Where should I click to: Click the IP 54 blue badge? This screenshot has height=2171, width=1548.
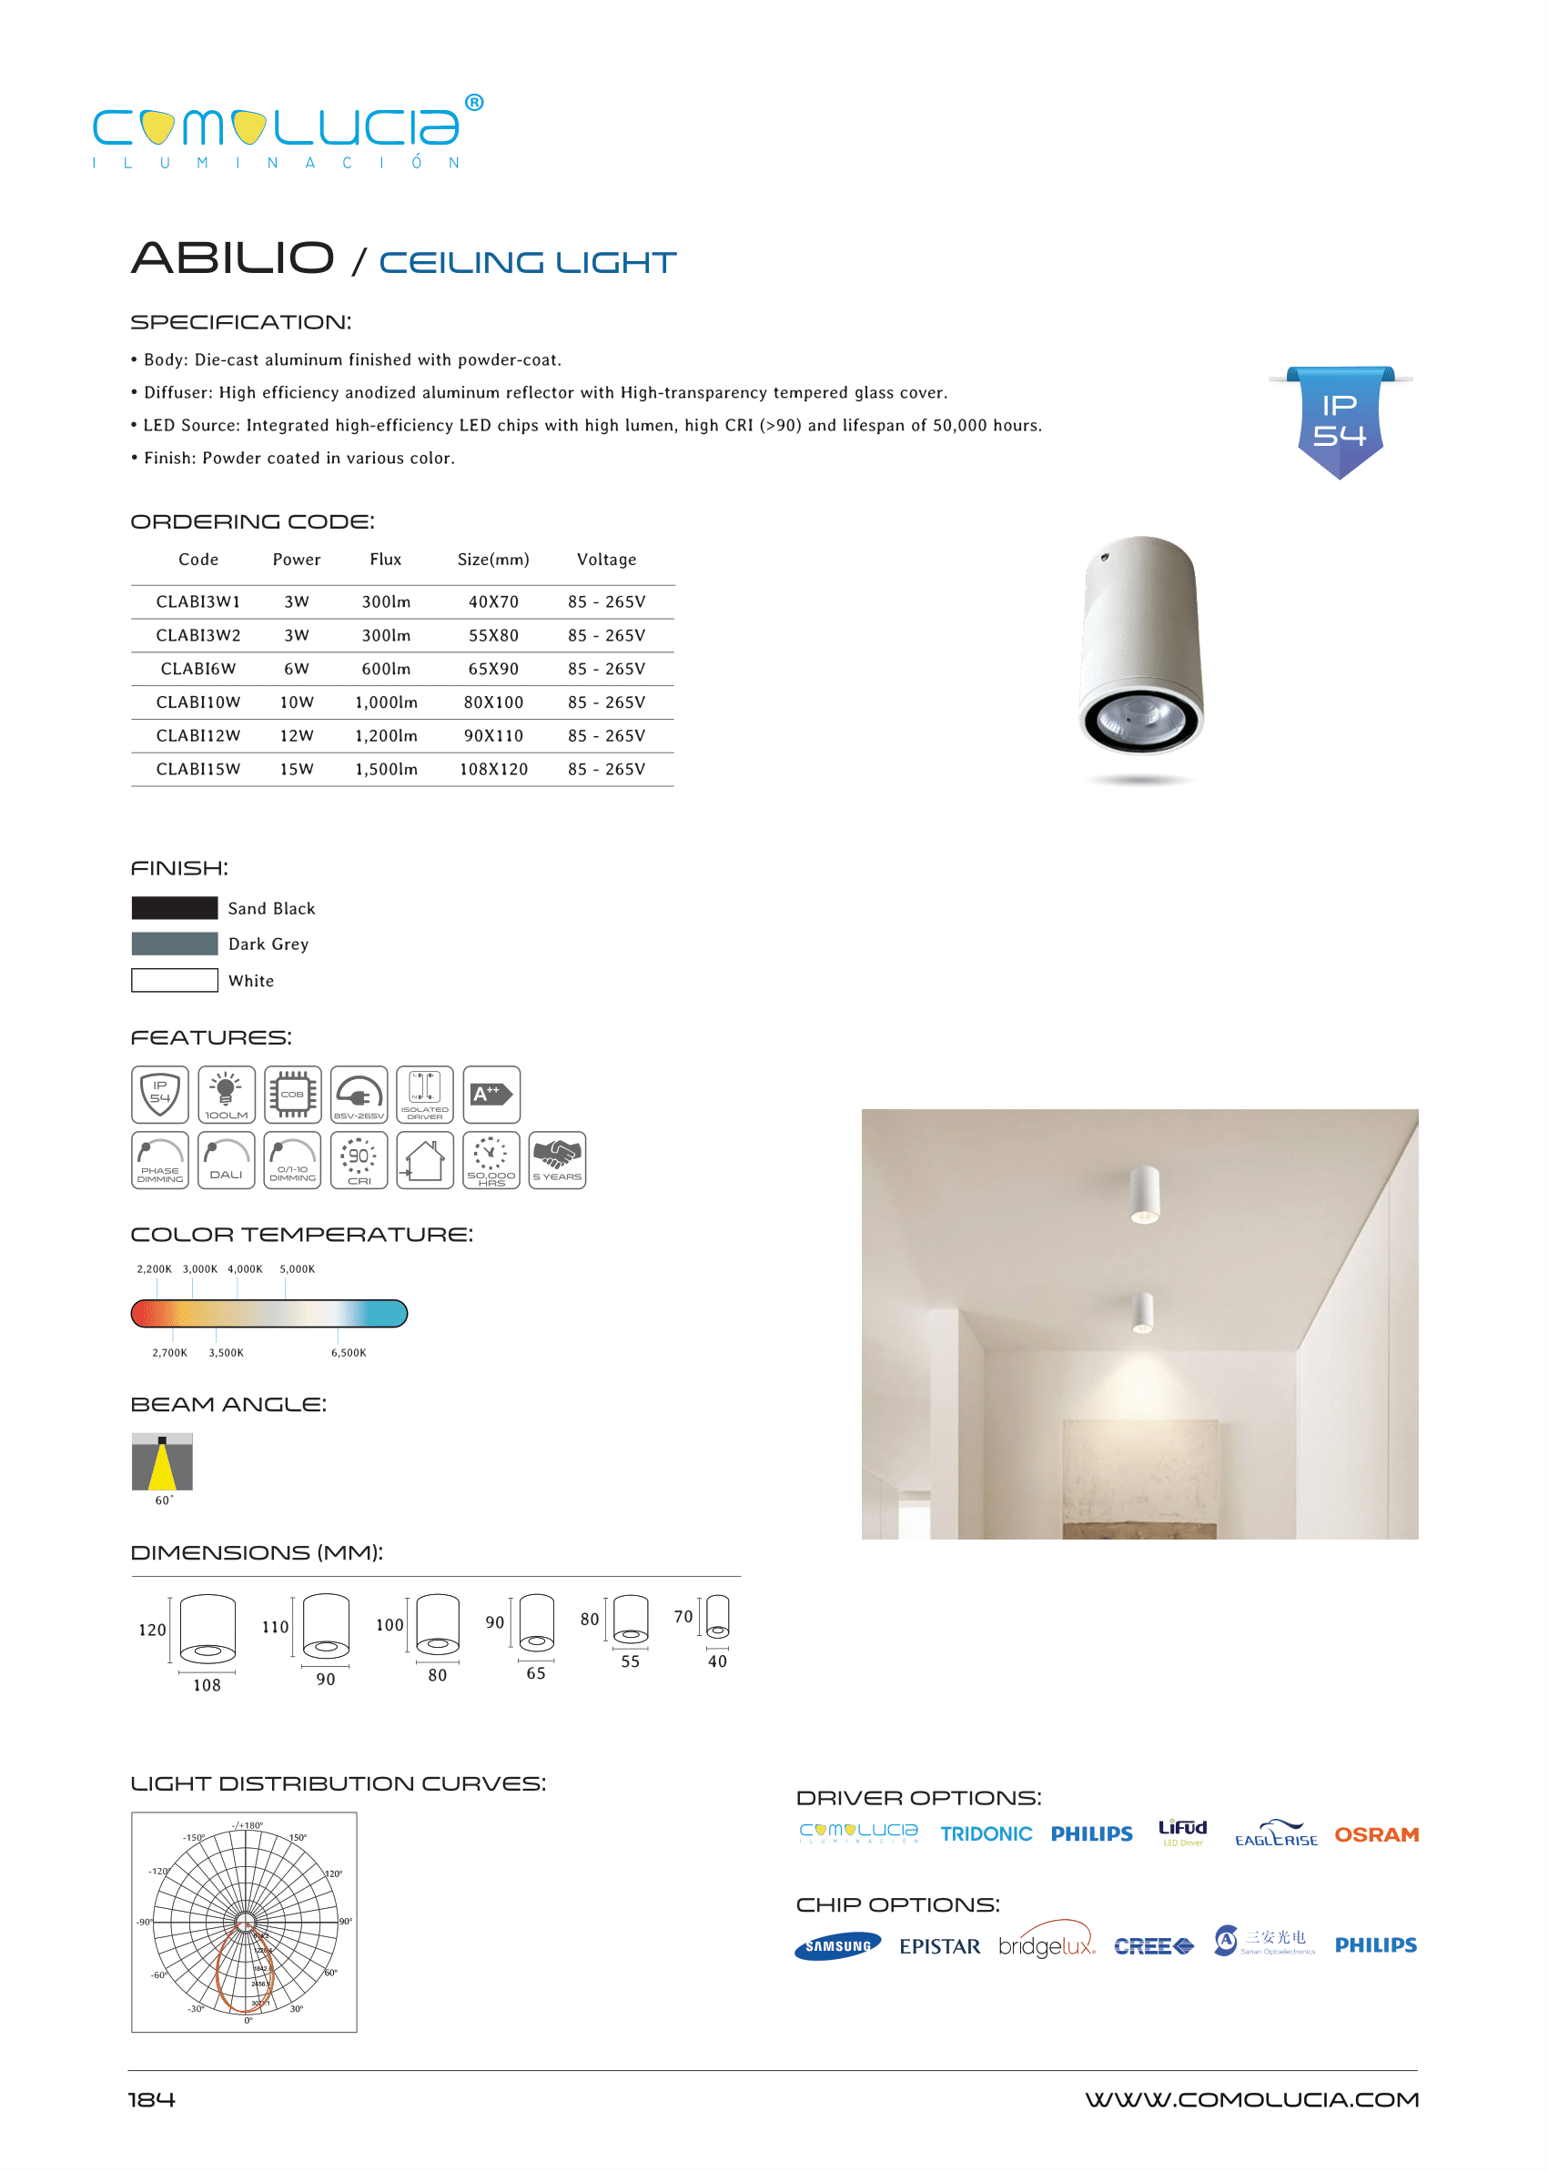pos(1340,420)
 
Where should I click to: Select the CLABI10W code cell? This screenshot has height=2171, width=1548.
pos(198,702)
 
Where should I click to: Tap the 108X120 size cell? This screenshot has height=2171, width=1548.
pos(493,769)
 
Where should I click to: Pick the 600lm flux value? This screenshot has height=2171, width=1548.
pos(386,669)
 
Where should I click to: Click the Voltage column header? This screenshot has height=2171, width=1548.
pos(606,560)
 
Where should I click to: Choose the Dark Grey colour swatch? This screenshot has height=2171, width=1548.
pos(175,944)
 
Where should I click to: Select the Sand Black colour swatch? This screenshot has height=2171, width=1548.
pos(175,907)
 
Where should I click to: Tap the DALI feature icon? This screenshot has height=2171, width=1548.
pos(226,1160)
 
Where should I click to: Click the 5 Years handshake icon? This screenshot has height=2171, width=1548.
pos(557,1160)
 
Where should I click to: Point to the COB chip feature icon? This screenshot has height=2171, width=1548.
pos(293,1094)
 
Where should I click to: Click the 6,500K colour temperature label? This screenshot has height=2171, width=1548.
pos(348,1352)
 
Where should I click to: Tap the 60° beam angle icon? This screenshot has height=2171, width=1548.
pos(162,1461)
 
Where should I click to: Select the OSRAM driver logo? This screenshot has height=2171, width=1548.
pos(1375,1834)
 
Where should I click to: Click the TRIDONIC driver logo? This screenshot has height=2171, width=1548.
pos(986,1834)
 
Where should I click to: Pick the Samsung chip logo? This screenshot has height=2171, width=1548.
pos(837,1946)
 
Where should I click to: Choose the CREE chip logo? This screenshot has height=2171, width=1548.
pos(1152,1946)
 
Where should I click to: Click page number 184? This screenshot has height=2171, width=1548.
pos(152,2099)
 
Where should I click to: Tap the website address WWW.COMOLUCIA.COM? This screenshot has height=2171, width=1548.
pos(1250,2099)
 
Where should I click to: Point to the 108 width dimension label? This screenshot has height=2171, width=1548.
pos(207,1685)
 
